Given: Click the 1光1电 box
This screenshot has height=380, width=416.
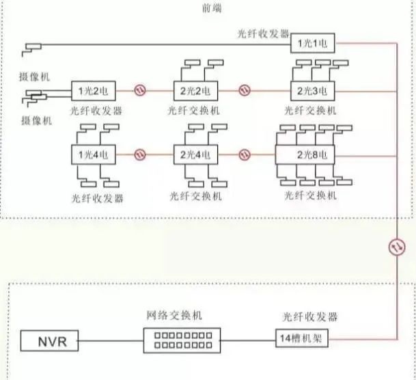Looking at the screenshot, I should coord(313,44).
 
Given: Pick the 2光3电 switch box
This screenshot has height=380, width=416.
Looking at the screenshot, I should coord(311,90).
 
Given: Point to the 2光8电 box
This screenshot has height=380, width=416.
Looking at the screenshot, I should coord(311,155).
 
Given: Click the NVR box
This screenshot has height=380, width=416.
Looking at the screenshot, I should coord(50,340).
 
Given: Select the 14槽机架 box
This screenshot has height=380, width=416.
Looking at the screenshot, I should coord(304,339).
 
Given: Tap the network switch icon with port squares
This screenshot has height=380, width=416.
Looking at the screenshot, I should coord(177,340).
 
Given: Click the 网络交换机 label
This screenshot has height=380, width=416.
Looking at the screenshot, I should coord(175,316).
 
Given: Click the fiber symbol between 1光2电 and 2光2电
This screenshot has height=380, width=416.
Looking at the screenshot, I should coord(140,90).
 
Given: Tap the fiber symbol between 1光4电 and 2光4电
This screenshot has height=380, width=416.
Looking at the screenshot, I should coord(140,155).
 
